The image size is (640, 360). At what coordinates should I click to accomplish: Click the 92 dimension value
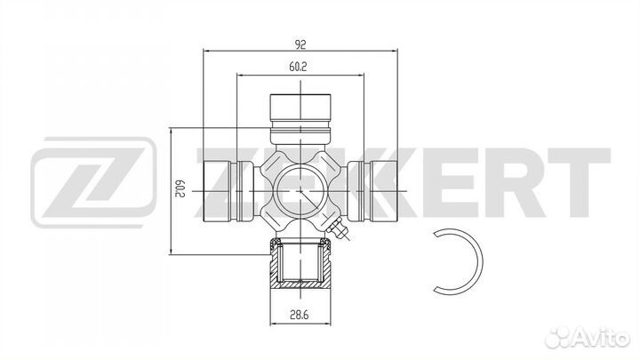tap(300, 44)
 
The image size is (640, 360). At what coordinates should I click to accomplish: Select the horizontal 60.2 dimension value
tap(298, 67)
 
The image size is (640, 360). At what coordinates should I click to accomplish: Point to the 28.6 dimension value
tap(300, 315)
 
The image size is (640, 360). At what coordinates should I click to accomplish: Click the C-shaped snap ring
tap(478, 261)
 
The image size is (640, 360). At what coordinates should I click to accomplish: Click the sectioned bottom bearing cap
tap(300, 265)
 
